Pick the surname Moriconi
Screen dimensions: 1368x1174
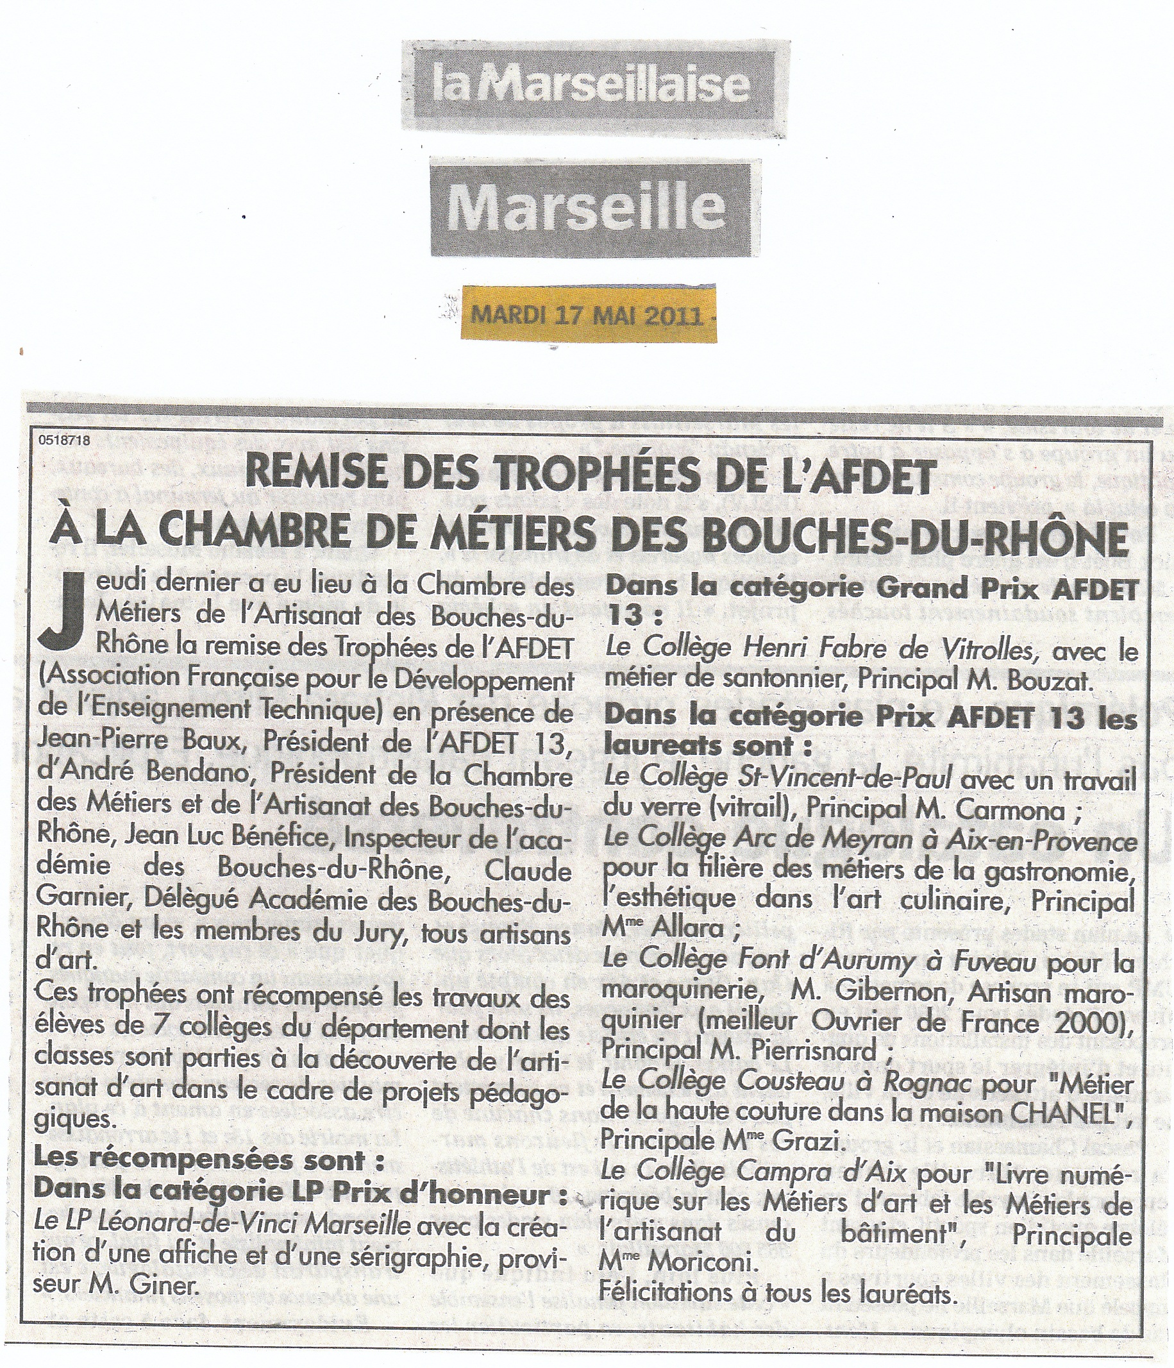(x=701, y=1262)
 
